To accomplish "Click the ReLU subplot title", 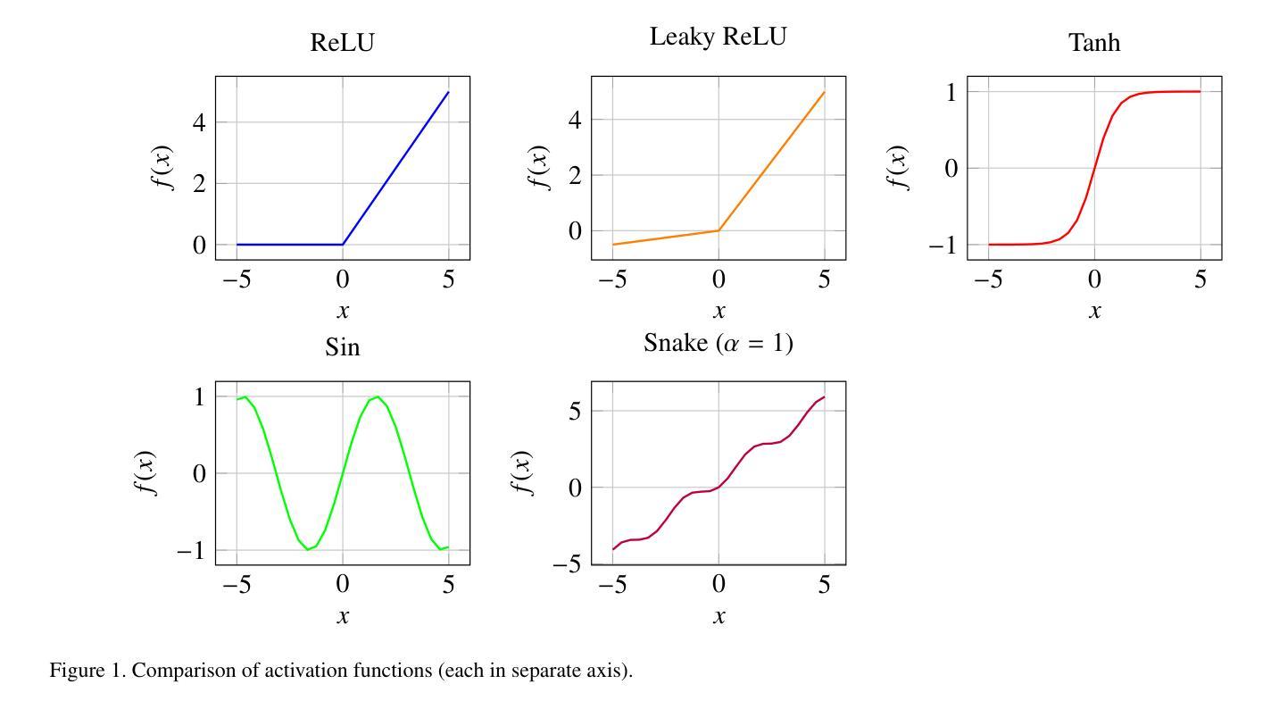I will pos(342,43).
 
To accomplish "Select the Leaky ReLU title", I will pos(719,38).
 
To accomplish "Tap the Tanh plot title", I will pos(1094,43).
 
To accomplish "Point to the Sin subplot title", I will pos(343,347).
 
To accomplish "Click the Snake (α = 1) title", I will pos(719,343).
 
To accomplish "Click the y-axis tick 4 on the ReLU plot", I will pos(199,121).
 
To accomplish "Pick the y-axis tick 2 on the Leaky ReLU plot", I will pos(575,175).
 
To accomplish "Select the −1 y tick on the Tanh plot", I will pos(943,245).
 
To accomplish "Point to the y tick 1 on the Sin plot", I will pos(199,396).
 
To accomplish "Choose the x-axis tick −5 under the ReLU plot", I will pos(237,279).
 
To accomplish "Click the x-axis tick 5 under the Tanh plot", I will pos(1200,279).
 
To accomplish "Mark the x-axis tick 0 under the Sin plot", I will pos(343,584).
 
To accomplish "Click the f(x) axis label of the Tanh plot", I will pos(897,168).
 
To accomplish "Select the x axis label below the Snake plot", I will pos(719,616).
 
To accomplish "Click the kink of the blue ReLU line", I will pos(343,244).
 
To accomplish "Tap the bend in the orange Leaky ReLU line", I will pos(719,230).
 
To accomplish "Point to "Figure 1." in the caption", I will pos(87,671).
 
